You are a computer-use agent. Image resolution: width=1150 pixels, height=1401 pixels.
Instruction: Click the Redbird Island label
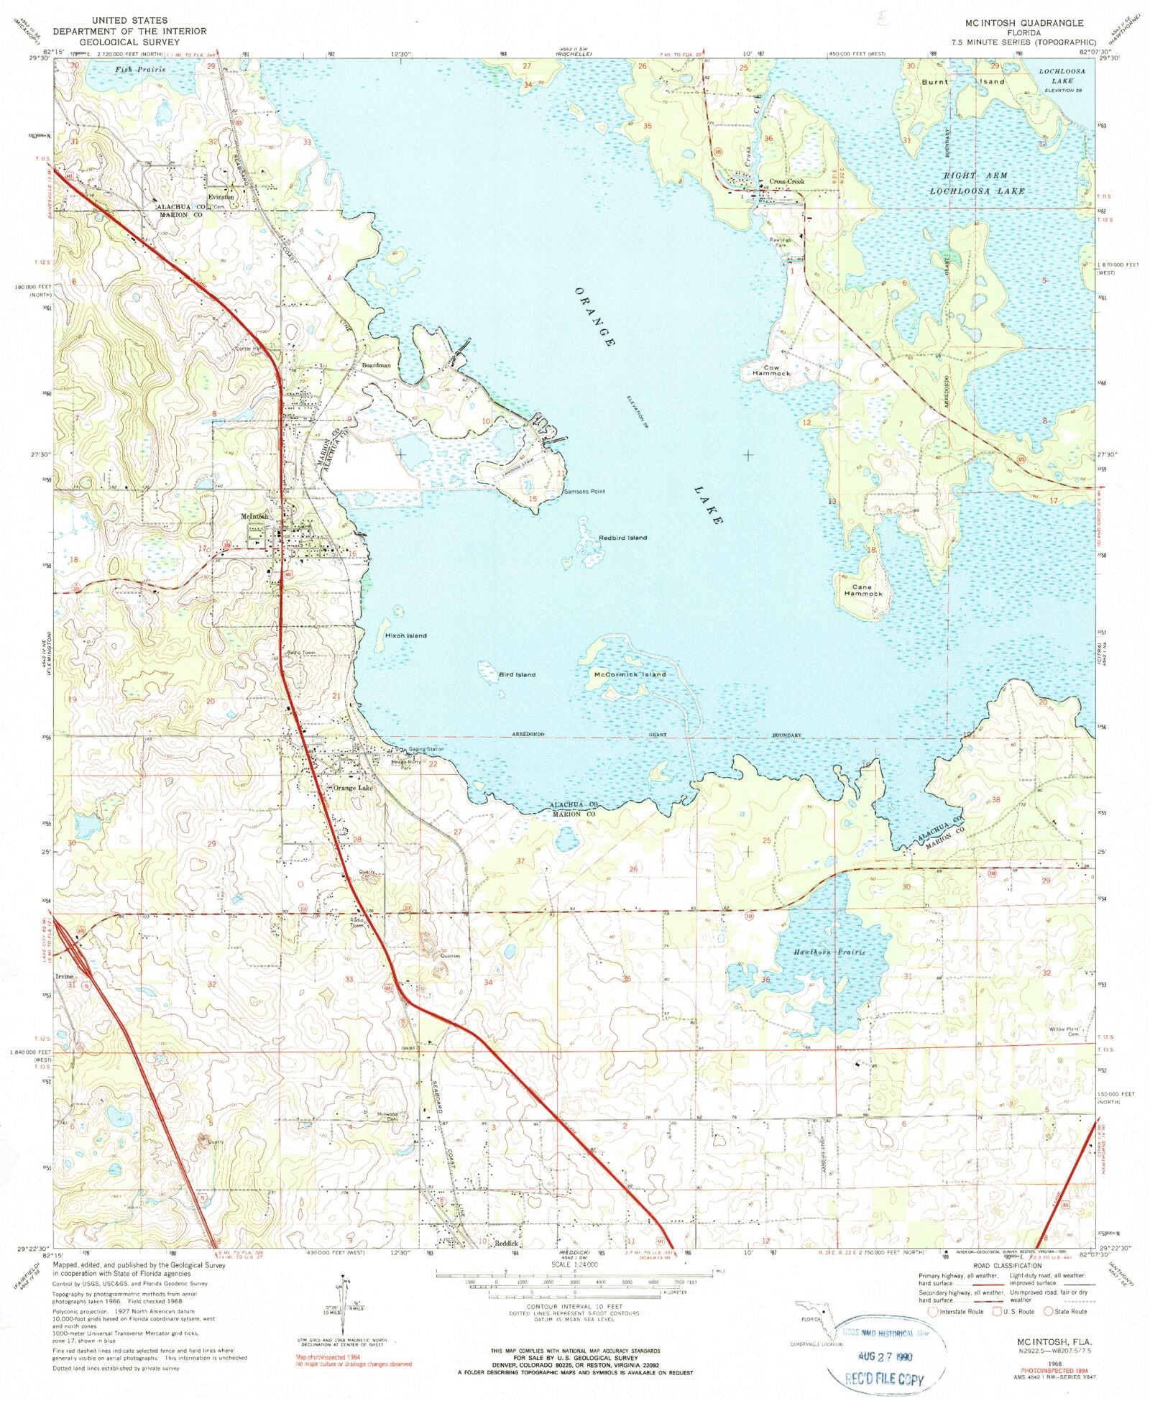(x=622, y=538)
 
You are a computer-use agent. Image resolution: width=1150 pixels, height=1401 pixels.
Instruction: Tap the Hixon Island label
(x=405, y=635)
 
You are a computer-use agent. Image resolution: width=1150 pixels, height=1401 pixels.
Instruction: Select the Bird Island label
(x=517, y=674)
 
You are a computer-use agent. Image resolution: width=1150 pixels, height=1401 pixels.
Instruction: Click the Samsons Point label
(x=584, y=492)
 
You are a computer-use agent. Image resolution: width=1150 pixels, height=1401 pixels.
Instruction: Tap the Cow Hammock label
(x=770, y=370)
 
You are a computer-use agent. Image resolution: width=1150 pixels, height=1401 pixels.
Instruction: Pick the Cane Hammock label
(x=862, y=590)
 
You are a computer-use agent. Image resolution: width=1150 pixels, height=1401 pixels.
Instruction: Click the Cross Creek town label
(x=786, y=182)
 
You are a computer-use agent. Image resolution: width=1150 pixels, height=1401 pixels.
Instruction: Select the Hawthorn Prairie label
(x=829, y=952)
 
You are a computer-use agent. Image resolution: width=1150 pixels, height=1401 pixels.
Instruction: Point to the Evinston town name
(x=221, y=196)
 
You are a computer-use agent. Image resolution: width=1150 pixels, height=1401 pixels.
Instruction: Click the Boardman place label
(x=376, y=365)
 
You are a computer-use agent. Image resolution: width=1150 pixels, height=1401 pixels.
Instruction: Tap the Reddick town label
(x=505, y=1244)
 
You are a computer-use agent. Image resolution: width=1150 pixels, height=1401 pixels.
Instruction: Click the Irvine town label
(x=65, y=977)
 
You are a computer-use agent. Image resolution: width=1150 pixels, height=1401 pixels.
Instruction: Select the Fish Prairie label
(x=140, y=70)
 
